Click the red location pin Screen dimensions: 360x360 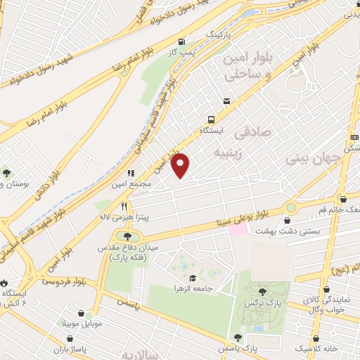tap(181, 165)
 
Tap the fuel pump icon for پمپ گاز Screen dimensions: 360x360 tap(182, 41)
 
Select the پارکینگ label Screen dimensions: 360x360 tap(217, 34)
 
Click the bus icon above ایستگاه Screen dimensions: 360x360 tap(210, 120)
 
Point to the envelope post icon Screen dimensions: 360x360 tap(226, 102)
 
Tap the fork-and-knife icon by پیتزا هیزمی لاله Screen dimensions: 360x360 tap(124, 206)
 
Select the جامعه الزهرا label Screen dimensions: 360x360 tap(196, 288)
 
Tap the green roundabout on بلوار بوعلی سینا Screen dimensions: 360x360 tap(291, 207)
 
